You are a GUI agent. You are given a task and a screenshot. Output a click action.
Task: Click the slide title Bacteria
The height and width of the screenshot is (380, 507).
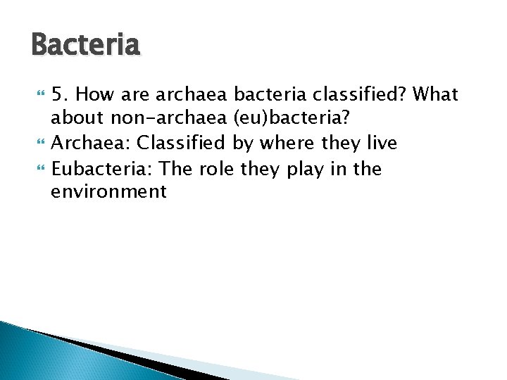point(86,46)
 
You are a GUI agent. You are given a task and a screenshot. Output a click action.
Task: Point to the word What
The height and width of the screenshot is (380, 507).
point(436,94)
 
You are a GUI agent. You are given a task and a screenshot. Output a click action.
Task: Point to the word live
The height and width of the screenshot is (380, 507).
point(381,144)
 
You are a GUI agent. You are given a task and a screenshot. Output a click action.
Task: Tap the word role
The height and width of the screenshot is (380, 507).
point(215,169)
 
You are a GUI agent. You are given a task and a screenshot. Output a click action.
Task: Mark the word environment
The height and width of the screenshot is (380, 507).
point(108,191)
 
